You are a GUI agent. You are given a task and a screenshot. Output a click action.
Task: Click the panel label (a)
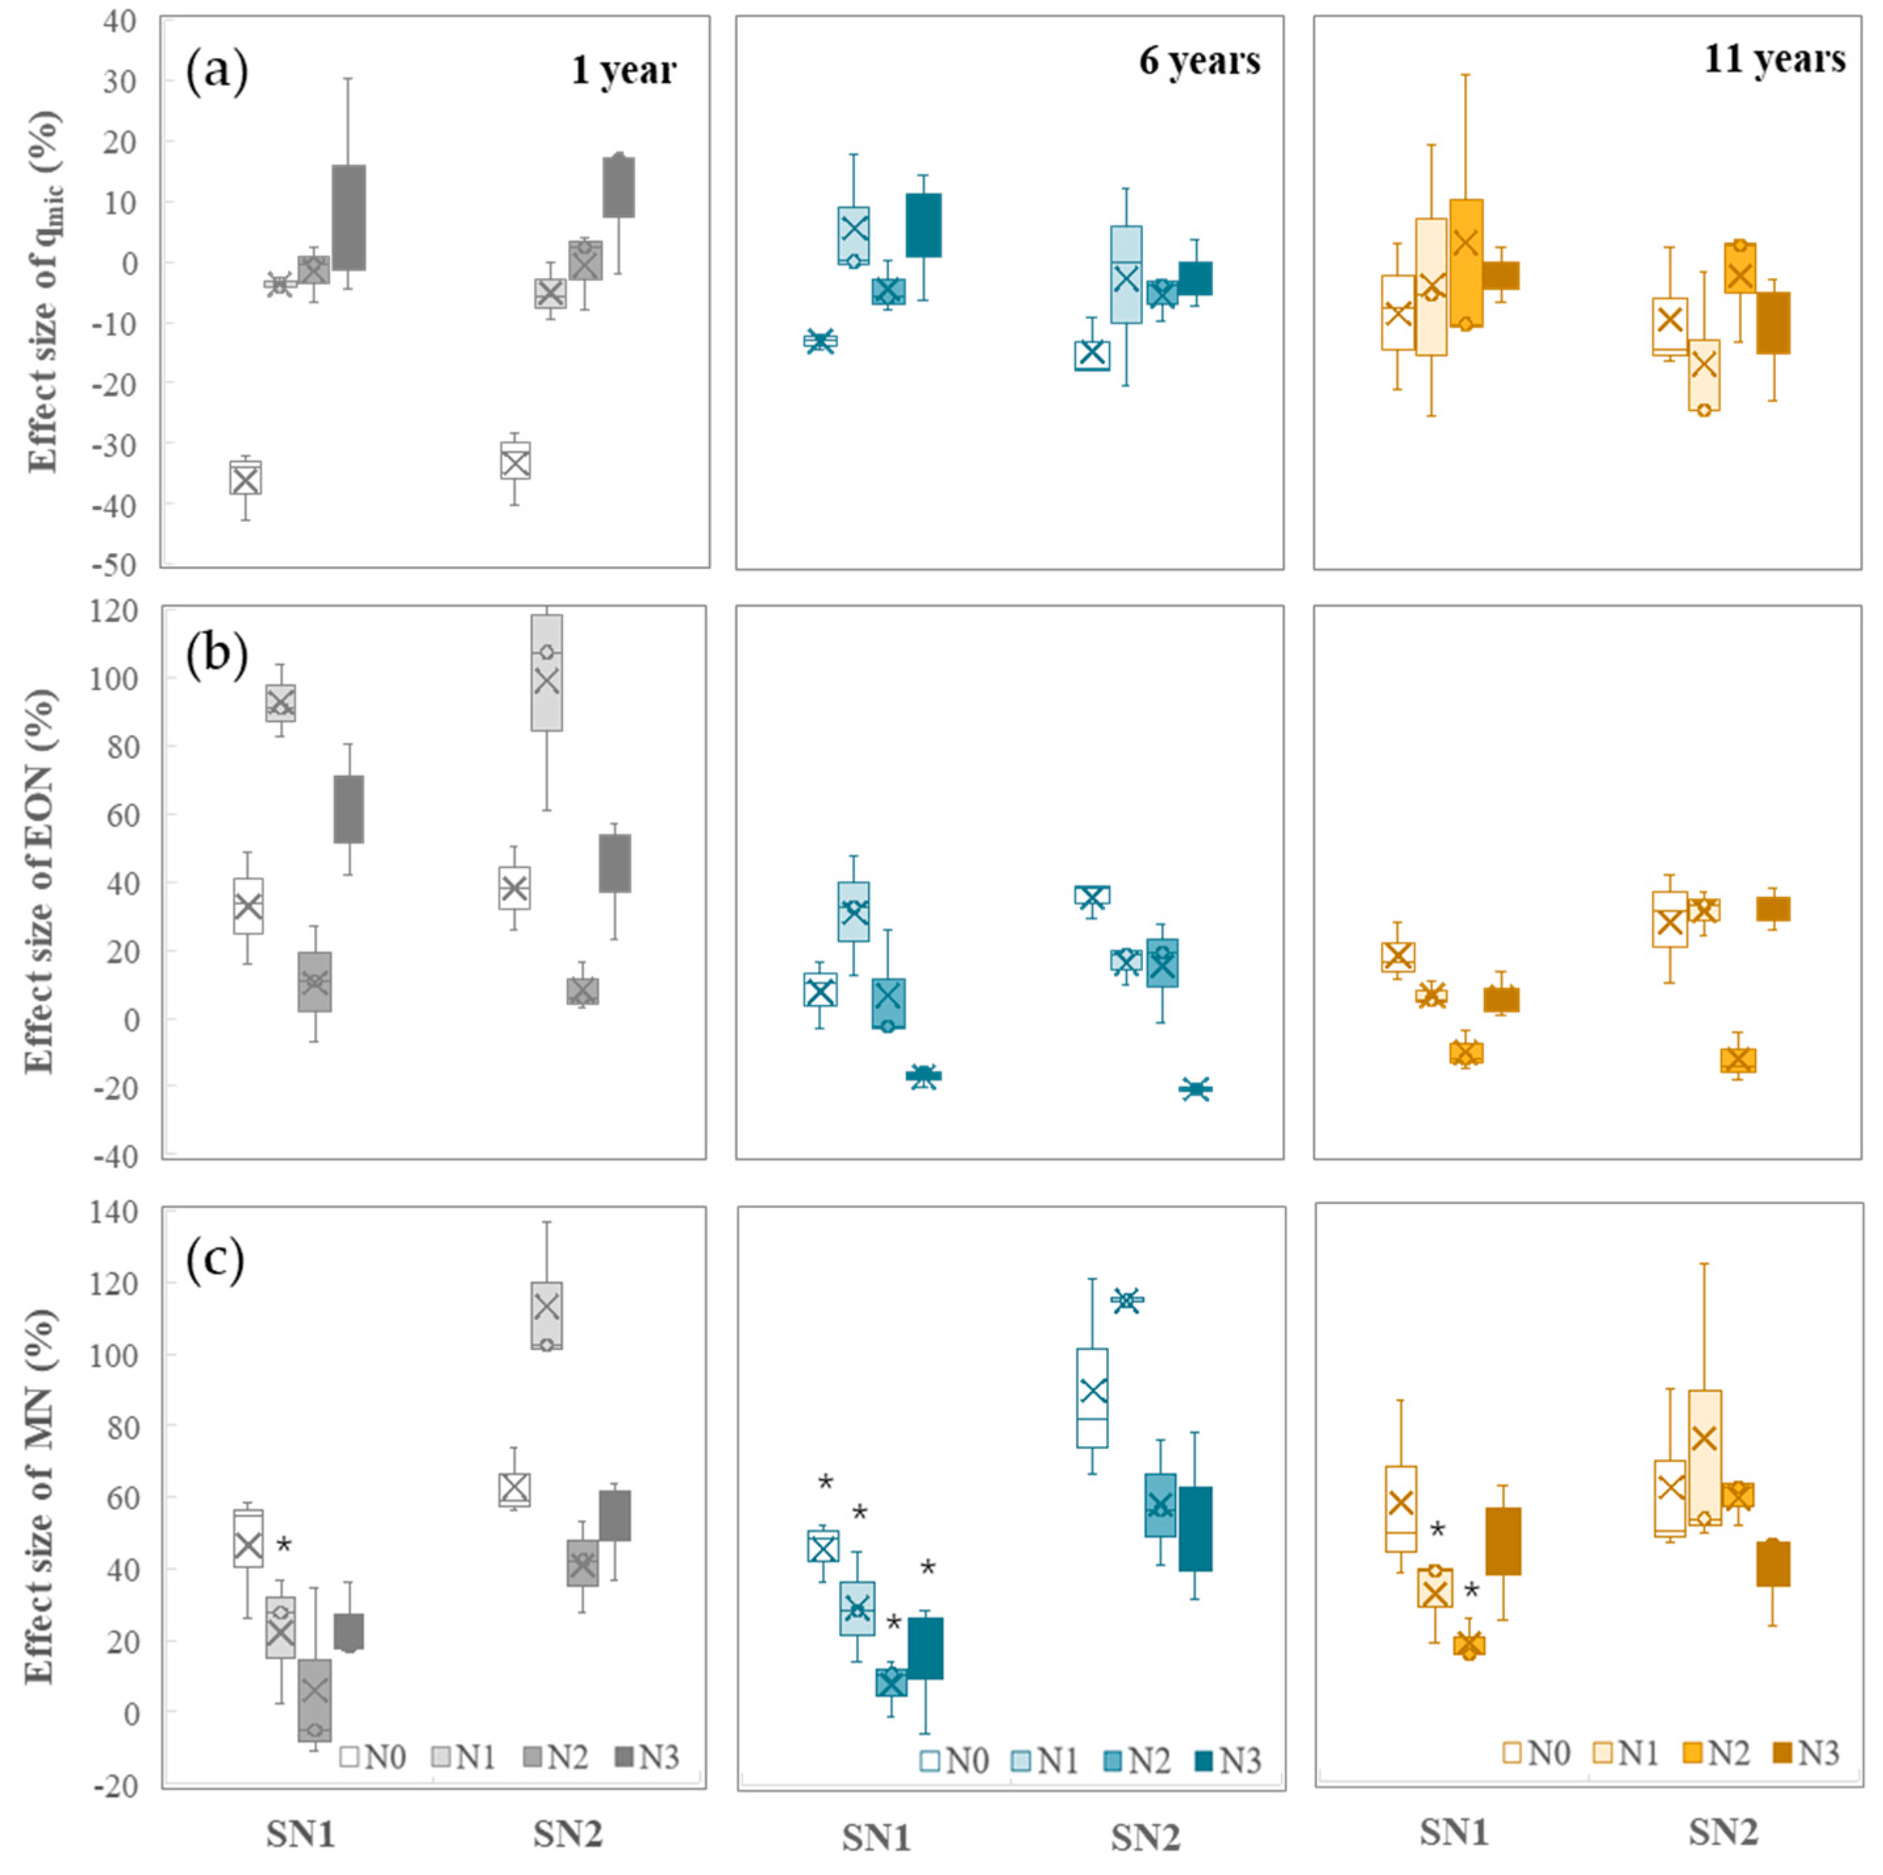point(216,71)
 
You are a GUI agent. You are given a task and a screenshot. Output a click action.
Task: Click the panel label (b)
point(216,653)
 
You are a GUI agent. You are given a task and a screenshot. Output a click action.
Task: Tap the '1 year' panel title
point(624,70)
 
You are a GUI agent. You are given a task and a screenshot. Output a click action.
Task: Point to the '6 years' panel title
point(1199,61)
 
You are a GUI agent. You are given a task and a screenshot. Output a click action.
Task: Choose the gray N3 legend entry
point(647,1757)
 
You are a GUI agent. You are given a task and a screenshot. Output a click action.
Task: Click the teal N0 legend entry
point(955,1761)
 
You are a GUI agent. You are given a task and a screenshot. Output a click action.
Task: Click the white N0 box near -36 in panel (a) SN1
point(245,478)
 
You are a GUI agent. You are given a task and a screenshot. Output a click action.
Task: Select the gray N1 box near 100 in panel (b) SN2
point(547,673)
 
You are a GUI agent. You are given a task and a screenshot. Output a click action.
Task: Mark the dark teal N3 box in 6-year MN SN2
point(1196,1529)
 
